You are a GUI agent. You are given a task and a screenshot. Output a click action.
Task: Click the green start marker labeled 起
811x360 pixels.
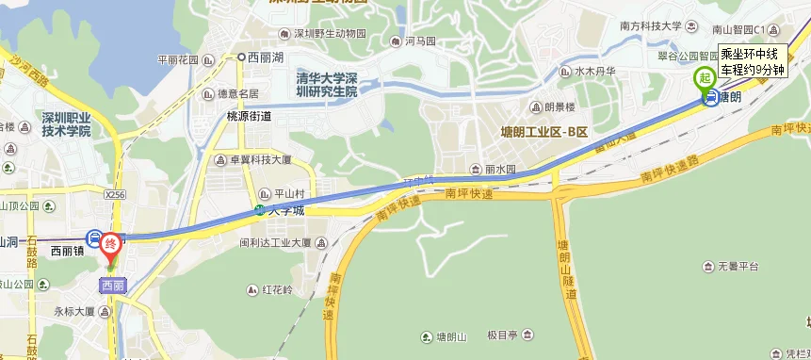(704, 79)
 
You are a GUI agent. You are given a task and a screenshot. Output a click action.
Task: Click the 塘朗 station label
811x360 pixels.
(729, 96)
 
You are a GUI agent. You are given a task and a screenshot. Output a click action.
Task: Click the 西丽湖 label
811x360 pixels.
(265, 57)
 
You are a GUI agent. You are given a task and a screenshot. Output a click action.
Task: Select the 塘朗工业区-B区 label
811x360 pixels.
(543, 131)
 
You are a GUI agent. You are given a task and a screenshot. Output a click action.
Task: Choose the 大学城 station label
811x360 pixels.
(286, 211)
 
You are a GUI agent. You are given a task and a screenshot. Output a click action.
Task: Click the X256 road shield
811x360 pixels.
(115, 194)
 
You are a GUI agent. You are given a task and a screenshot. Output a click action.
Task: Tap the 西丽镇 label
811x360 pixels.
(68, 252)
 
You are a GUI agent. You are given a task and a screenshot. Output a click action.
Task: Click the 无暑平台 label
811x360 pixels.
(738, 267)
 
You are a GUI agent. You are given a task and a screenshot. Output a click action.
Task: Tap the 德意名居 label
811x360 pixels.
(237, 94)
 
